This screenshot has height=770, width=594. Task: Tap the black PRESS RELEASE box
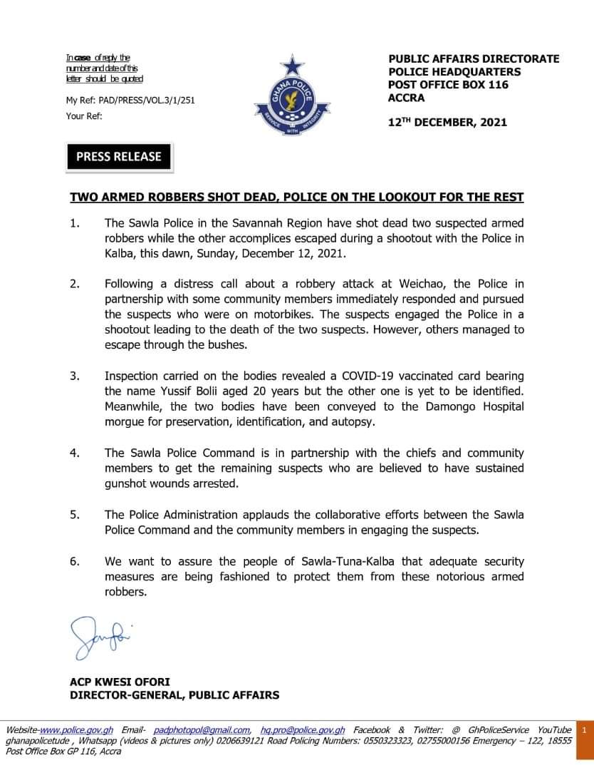click(119, 157)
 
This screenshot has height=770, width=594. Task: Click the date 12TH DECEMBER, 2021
click(447, 122)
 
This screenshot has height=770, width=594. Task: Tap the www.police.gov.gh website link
click(77, 730)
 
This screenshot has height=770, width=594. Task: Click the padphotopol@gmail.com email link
click(202, 730)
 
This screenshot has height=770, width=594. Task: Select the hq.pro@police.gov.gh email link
click(303, 730)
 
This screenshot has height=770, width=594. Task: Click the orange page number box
click(583, 730)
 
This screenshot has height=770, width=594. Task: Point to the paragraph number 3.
click(74, 376)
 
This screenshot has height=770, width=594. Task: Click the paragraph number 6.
click(74, 562)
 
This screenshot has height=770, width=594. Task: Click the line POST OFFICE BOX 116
click(448, 85)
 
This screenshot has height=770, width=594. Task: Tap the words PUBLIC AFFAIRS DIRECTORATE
click(474, 59)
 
